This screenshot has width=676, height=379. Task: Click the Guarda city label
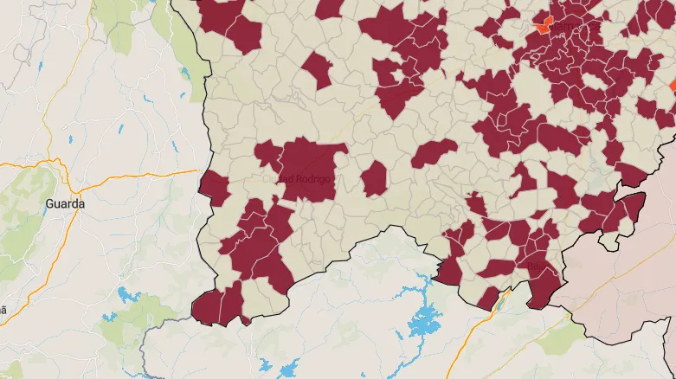pos(65,203)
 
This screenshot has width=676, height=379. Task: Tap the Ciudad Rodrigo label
pos(296,178)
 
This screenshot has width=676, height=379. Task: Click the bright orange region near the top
pos(543,23)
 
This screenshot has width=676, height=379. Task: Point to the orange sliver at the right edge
pos(673,85)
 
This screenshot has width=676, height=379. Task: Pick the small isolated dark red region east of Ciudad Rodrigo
pos(374,178)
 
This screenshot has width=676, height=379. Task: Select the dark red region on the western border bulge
pos(213,188)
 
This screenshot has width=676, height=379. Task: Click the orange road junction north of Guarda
pos(55,161)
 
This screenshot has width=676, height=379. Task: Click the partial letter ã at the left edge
pos(3,309)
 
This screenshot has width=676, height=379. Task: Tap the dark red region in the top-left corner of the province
pos(229,22)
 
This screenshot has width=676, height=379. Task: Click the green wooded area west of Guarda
pos(26,186)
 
